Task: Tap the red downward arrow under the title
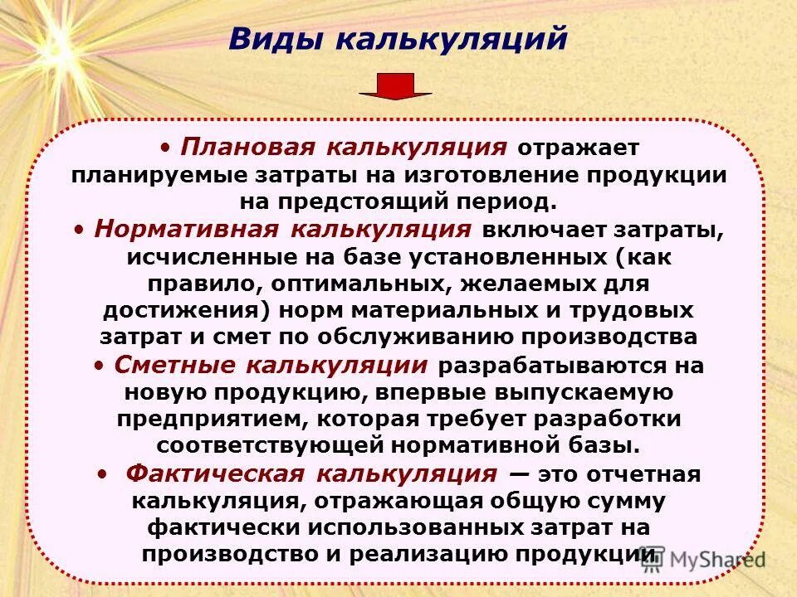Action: click(395, 86)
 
